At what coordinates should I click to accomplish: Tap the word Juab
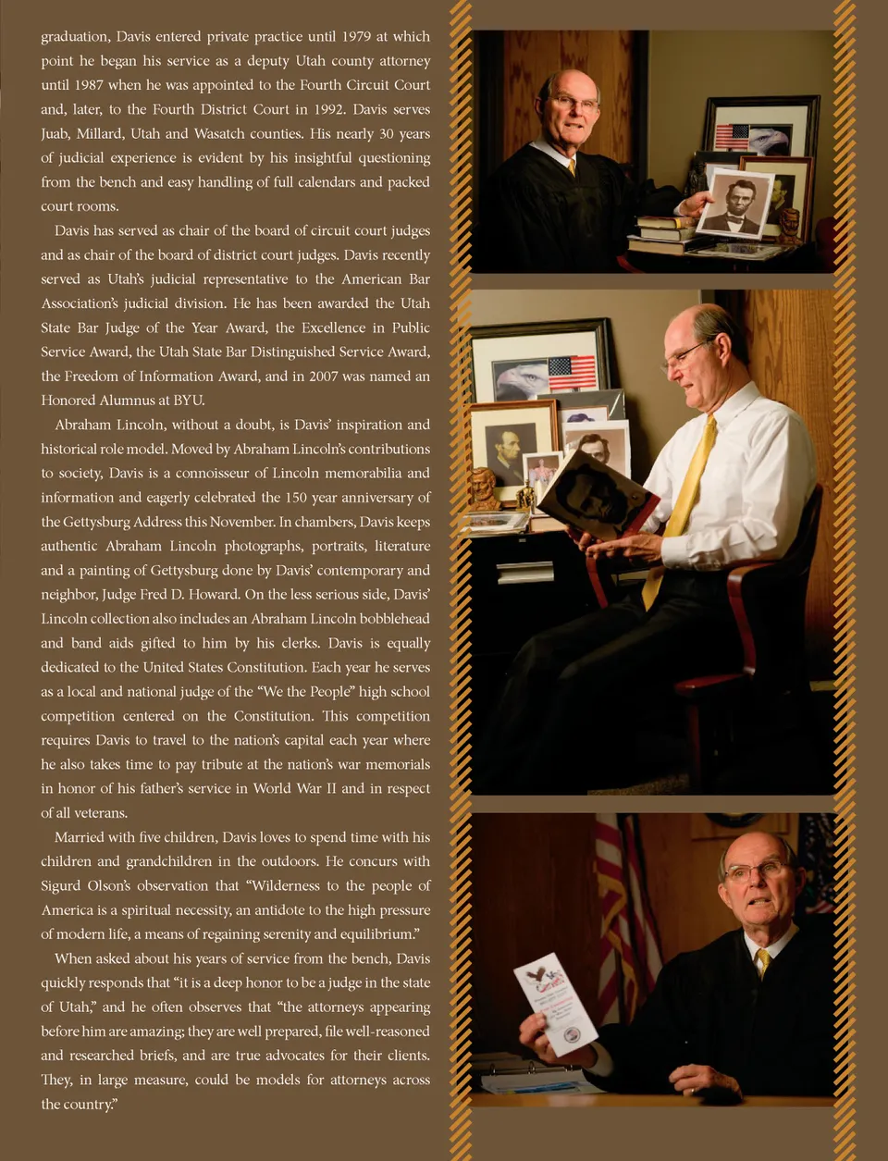[55, 134]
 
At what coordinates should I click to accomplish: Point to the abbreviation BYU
[189, 401]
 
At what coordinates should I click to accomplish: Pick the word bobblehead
[388, 619]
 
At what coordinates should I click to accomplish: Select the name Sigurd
[61, 886]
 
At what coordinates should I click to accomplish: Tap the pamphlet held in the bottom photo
[556, 1007]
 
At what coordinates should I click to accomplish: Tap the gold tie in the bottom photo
[763, 962]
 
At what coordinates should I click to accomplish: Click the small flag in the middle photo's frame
[573, 373]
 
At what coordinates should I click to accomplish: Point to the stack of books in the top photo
[664, 232]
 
